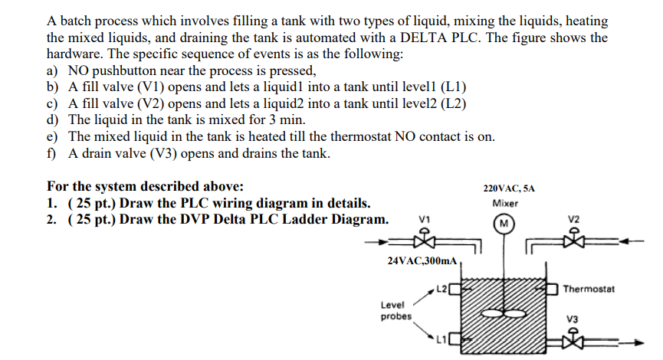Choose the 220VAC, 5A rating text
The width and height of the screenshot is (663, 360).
point(510,187)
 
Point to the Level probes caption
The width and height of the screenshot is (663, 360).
point(396,310)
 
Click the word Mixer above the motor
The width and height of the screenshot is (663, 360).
point(505,204)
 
